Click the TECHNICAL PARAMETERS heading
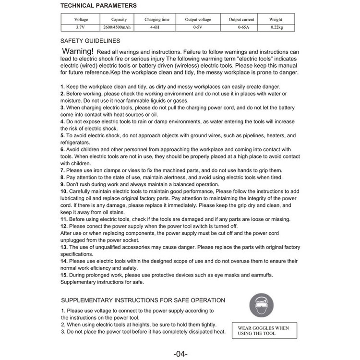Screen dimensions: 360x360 point(98,6)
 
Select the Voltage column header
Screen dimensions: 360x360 point(81,20)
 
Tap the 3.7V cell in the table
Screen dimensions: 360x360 point(81,28)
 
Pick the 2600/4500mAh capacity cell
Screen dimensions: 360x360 point(117,28)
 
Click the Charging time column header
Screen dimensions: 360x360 point(157,20)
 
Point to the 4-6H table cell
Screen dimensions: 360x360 point(157,28)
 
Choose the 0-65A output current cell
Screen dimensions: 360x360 point(243,28)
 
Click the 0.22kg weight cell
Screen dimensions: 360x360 point(276,28)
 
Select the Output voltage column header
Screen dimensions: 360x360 point(198,20)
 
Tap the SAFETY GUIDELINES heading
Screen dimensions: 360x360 point(91,41)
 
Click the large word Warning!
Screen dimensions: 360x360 point(78,51)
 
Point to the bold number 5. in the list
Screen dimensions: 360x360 point(62,135)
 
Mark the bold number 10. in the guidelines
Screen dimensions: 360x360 point(64,191)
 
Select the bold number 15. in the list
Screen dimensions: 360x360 point(64,275)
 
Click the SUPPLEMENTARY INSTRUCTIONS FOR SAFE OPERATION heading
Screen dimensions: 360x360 point(143,300)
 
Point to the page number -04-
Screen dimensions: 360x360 point(180,354)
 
